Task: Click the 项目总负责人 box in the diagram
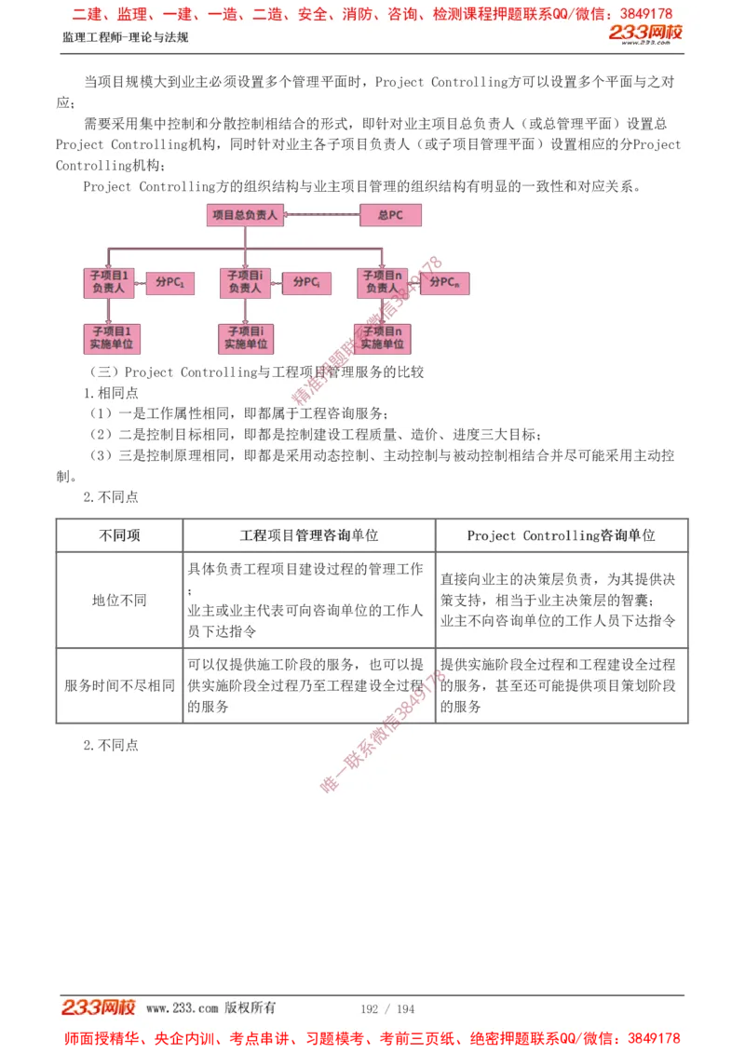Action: point(244,215)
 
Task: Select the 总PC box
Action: point(390,215)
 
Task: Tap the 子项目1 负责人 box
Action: point(109,282)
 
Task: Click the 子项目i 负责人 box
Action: point(245,282)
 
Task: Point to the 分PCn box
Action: point(444,282)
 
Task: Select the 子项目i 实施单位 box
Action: point(246,338)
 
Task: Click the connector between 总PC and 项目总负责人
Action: point(321,215)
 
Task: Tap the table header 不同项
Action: point(119,535)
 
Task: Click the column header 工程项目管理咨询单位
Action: point(309,535)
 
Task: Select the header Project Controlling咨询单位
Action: point(561,535)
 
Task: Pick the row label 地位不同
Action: point(119,600)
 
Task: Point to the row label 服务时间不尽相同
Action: point(119,685)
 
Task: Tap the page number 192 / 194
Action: point(387,1008)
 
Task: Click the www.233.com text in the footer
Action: point(182,1007)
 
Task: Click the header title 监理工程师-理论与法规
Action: point(125,37)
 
